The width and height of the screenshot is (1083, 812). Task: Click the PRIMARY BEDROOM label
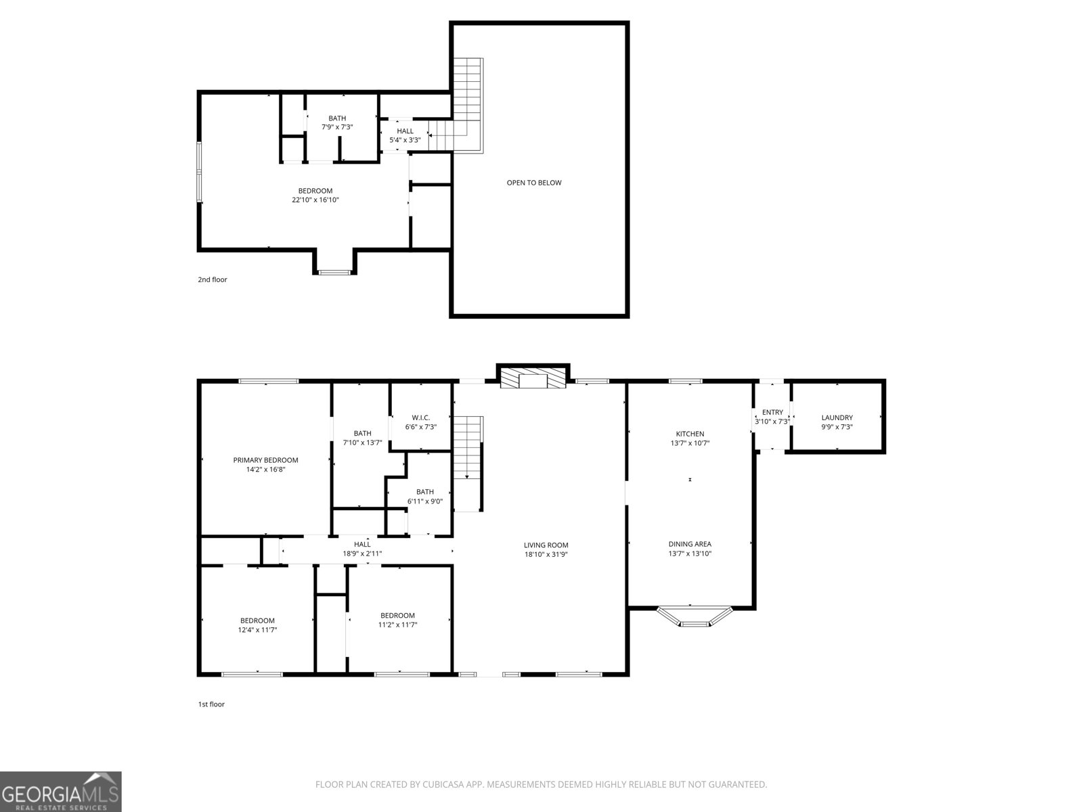[265, 460]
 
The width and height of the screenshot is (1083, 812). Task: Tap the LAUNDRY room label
[837, 418]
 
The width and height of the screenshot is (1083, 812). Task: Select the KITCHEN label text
[690, 434]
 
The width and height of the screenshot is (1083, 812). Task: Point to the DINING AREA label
[690, 544]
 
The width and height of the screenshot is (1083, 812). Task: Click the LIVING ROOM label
[546, 545]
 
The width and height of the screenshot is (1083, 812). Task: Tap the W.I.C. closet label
[420, 418]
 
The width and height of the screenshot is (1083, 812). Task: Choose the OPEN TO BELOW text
[534, 183]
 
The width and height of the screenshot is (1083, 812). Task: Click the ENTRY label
[772, 412]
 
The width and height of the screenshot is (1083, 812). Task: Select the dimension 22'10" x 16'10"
[315, 200]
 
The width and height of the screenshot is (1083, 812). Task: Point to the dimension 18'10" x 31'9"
[546, 554]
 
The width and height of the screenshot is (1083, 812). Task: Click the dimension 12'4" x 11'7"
[257, 629]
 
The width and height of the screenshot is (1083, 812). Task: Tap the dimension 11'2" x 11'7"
[397, 625]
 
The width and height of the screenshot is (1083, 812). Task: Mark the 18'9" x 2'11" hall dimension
[362, 554]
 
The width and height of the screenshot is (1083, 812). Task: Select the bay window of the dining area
[694, 616]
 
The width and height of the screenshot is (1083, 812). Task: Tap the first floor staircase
[468, 464]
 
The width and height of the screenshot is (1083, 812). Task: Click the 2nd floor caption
[212, 279]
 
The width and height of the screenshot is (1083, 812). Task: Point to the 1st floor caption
[211, 704]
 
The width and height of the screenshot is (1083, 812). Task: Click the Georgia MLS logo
[61, 791]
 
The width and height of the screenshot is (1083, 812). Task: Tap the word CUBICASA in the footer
[443, 784]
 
